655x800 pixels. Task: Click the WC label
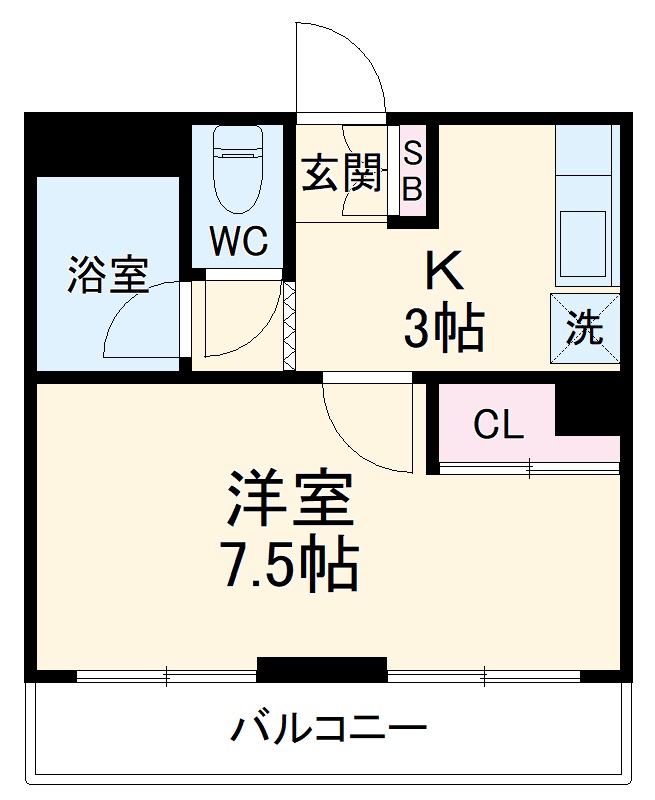point(238,241)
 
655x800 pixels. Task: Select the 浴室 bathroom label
point(108,276)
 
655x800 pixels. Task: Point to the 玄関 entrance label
point(343,175)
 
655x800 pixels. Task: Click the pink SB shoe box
point(412,170)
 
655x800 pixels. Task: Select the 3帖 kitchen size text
point(444,329)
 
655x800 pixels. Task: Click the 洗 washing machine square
point(585,329)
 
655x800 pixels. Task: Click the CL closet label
point(498,427)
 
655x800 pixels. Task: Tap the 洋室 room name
point(290,501)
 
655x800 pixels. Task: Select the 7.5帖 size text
point(289,566)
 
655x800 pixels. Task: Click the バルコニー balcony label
point(329,726)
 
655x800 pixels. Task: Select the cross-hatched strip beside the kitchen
point(290,327)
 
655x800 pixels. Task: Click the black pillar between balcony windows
point(321,669)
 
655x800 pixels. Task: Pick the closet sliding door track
point(528,466)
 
